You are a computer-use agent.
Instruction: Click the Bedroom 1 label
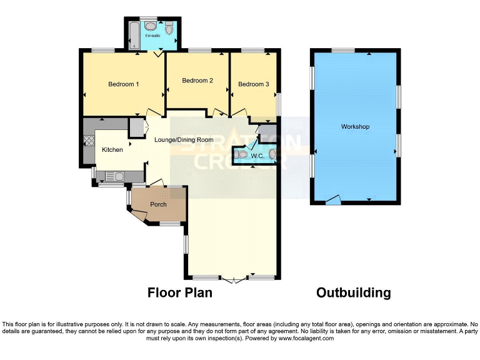123,84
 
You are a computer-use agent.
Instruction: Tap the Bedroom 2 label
197,81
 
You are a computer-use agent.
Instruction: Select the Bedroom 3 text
254,84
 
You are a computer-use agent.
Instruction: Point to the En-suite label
152,36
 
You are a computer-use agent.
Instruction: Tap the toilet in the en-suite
169,28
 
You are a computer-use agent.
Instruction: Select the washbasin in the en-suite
150,26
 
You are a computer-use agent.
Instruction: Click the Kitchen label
112,149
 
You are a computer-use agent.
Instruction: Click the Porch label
158,204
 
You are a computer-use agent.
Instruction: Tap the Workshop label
355,127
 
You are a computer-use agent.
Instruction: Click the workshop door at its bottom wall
334,200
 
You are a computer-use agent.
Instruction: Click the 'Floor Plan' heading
179,292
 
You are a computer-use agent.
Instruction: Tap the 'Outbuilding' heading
353,292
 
